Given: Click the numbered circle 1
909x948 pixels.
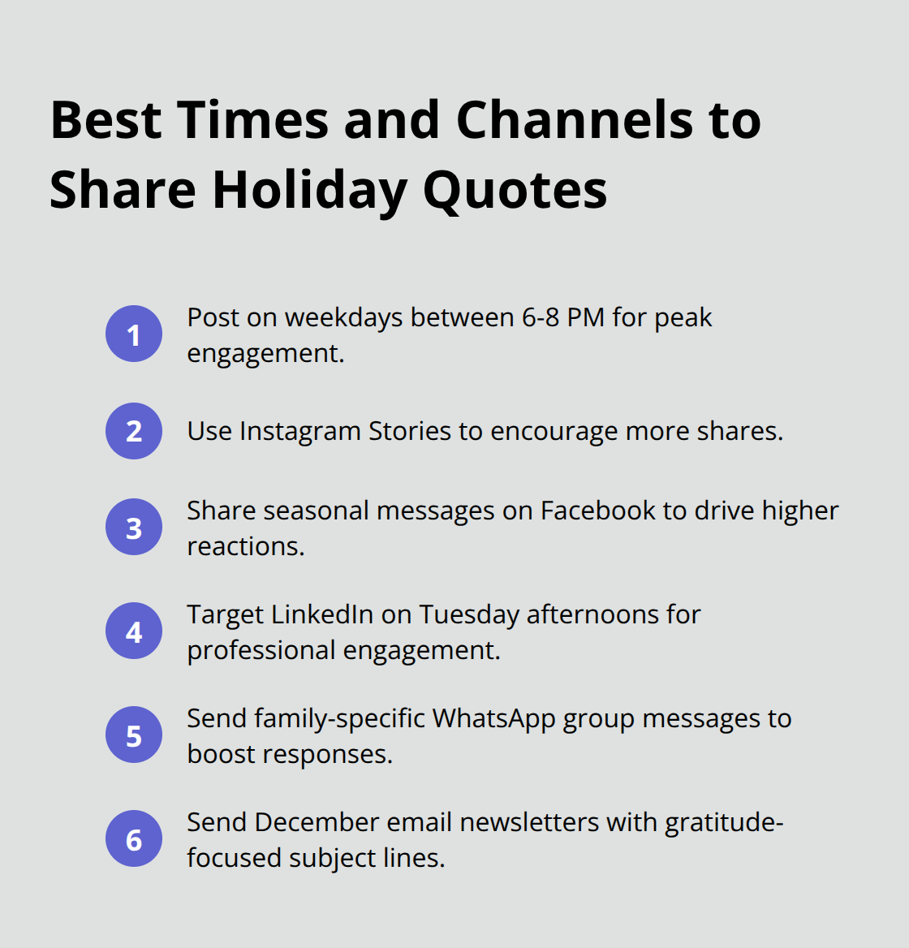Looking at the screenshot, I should point(134,334).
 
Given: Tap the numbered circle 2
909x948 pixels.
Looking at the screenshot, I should point(134,431).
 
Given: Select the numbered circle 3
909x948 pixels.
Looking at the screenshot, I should point(134,528).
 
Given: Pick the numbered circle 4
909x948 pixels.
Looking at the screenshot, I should point(134,631).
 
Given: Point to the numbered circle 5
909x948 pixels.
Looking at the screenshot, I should point(134,735).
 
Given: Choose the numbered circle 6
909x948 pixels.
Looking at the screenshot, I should point(134,839).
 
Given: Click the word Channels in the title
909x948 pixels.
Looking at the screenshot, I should point(573,120).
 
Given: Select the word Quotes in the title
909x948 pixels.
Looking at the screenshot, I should point(515,190).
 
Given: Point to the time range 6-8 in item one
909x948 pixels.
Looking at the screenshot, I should point(540,317).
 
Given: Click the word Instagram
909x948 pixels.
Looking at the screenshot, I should point(299,431).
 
